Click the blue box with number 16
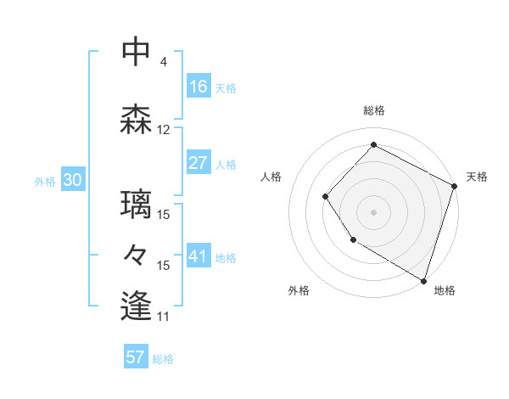click(199, 87)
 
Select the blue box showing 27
click(199, 163)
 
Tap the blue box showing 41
click(199, 256)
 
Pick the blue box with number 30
click(72, 181)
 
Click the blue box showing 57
click(136, 357)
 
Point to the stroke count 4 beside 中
click(163, 62)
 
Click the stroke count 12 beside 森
click(164, 130)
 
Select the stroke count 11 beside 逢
click(164, 317)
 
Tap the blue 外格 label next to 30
click(45, 182)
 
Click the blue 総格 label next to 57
click(163, 359)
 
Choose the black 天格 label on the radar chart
click(477, 177)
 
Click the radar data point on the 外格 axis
click(353, 241)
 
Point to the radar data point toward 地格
click(423, 279)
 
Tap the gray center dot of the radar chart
click(373, 211)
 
